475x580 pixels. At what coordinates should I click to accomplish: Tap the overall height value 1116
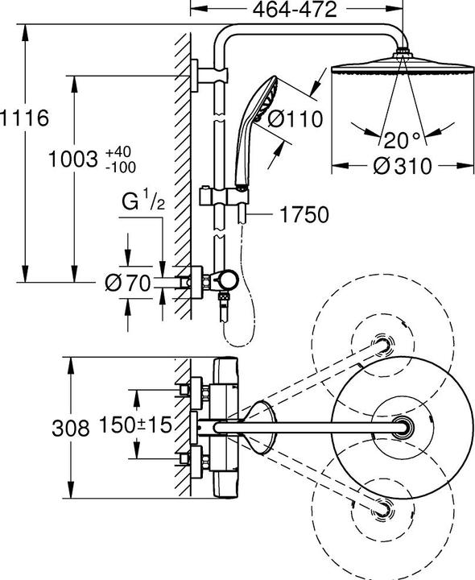click(25, 118)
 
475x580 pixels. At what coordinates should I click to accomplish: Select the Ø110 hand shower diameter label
click(295, 119)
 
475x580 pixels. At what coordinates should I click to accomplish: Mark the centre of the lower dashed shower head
click(378, 507)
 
